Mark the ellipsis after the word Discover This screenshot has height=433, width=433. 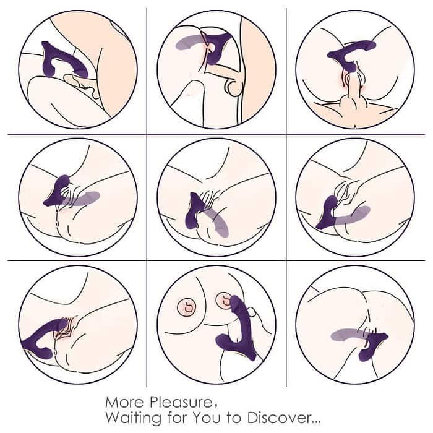pyautogui.click(x=314, y=420)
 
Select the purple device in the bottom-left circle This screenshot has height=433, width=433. pyautogui.click(x=40, y=337)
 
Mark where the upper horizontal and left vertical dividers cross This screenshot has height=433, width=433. pyautogui.click(x=147, y=134)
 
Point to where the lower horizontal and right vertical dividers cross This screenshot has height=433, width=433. pyautogui.click(x=286, y=260)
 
